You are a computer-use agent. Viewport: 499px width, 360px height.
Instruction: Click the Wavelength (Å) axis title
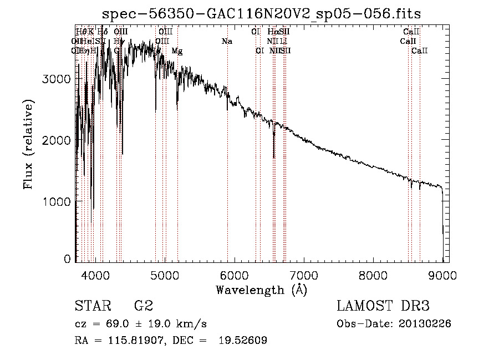tap(261, 290)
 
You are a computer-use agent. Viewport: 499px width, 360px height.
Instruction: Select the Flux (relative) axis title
tap(28, 144)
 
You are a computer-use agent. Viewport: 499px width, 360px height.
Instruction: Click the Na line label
tap(226, 41)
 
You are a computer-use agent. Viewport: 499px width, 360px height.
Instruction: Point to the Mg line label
tap(177, 50)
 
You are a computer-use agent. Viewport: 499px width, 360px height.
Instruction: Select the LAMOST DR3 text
tap(383, 306)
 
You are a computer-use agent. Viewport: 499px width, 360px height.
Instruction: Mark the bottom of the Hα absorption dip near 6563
tap(274, 158)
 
